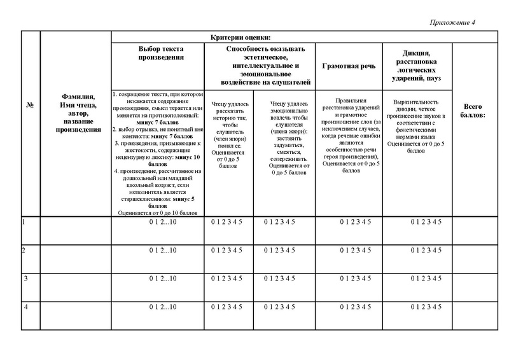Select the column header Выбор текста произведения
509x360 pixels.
tap(162, 53)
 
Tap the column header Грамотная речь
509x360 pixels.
tap(349, 66)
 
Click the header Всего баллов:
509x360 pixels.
tap(475, 111)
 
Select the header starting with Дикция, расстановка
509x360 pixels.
tap(417, 66)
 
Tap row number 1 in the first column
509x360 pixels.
tap(24, 222)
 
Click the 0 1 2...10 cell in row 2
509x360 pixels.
tap(162, 251)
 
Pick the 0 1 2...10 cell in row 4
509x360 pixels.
tap(162, 308)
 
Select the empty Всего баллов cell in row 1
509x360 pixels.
tap(475, 230)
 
